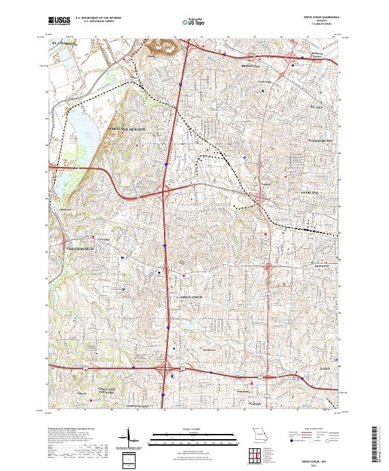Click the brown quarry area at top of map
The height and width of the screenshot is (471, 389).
159,47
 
